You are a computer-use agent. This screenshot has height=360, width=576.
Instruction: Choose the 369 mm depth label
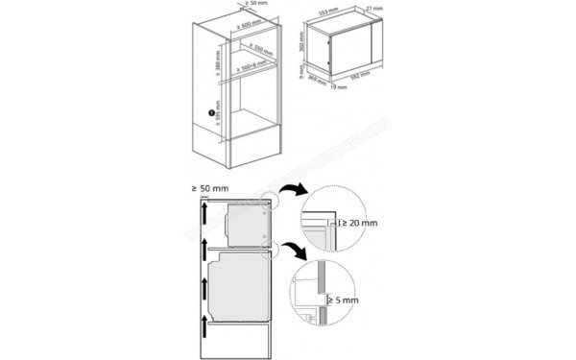(x=313, y=81)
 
